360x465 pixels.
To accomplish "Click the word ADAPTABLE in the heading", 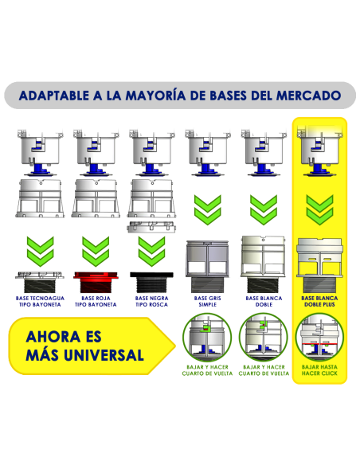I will [x=53, y=96].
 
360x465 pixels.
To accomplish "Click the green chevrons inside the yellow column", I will [x=319, y=209].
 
